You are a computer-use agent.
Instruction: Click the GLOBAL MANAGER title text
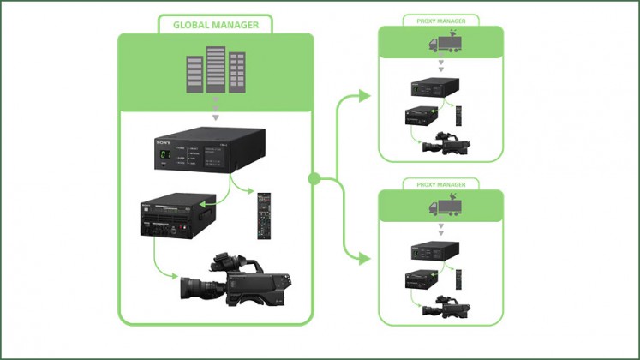tap(216, 24)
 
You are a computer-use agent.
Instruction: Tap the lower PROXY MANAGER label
tap(440, 183)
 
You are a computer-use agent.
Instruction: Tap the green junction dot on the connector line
tap(314, 178)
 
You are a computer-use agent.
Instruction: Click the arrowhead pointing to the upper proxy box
tap(366, 96)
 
